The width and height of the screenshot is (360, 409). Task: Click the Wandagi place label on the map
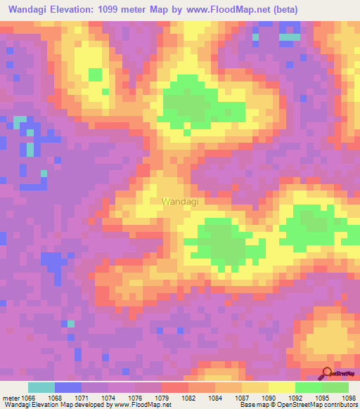pyautogui.click(x=180, y=202)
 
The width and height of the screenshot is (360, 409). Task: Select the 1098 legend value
pyautogui.click(x=349, y=397)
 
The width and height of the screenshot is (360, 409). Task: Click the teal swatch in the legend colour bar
pyautogui.click(x=41, y=387)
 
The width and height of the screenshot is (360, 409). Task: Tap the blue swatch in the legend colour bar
pyautogui.click(x=68, y=387)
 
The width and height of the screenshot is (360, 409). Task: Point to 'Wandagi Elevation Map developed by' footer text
pyautogui.click(x=51, y=405)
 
